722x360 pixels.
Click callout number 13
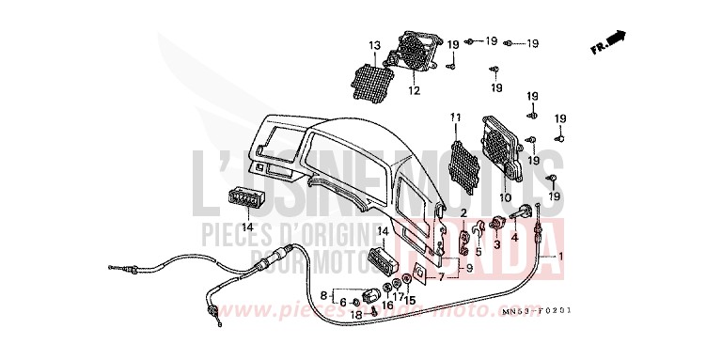pos(374,44)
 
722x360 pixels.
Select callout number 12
pos(414,91)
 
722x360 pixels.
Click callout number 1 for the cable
pos(562,256)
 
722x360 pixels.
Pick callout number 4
pos(514,238)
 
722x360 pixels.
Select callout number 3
pos(495,244)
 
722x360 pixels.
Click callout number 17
pos(398,296)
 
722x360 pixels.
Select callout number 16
pos(386,305)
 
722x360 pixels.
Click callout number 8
pos(325,295)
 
